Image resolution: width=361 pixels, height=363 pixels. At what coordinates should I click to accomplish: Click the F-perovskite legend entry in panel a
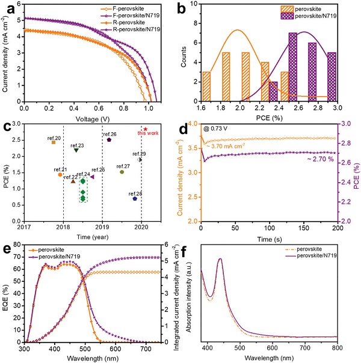pyautogui.click(x=132, y=8)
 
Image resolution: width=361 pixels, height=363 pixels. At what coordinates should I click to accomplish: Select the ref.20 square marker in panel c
pyautogui.click(x=53, y=142)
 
